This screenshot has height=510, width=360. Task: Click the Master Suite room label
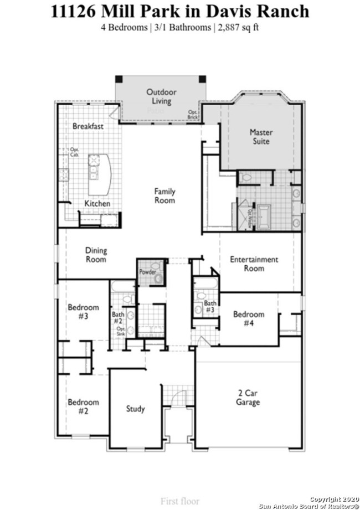point(261,137)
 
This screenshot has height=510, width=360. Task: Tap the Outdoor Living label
point(161,96)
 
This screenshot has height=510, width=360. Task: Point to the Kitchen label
point(97,203)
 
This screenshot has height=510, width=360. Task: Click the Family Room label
point(164,195)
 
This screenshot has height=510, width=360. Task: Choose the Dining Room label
point(96,255)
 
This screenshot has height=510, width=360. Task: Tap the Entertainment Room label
point(254,264)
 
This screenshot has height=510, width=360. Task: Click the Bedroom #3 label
point(84,312)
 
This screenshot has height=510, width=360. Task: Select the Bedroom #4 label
point(249,318)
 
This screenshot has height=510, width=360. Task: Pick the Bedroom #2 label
point(84,406)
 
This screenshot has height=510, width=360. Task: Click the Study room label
point(135,409)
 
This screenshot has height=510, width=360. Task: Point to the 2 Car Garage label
point(248,398)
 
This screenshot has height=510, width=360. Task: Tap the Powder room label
point(147,272)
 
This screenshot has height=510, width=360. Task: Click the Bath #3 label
point(210,306)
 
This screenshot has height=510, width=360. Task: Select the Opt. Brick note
point(192,115)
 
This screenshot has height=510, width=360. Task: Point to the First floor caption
point(180,501)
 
